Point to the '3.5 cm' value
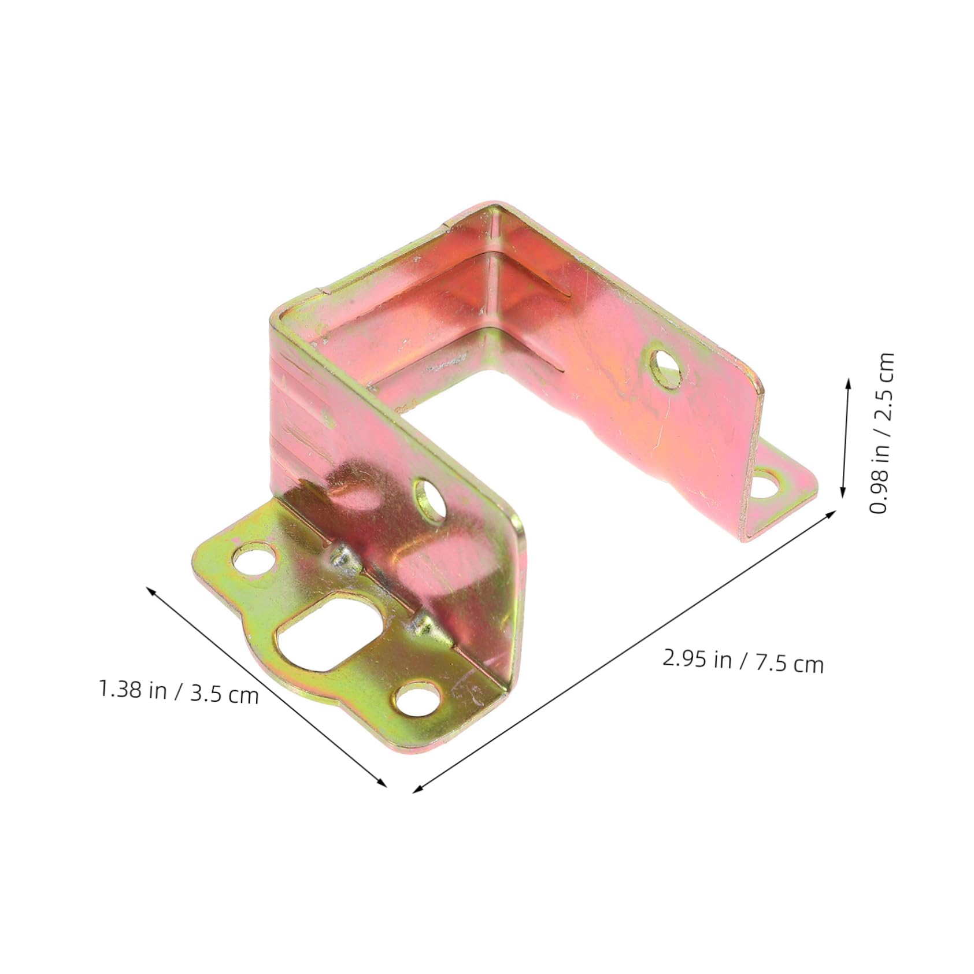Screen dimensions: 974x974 224,694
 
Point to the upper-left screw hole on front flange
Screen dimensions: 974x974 253,558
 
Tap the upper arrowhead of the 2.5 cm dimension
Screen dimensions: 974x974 848,382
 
